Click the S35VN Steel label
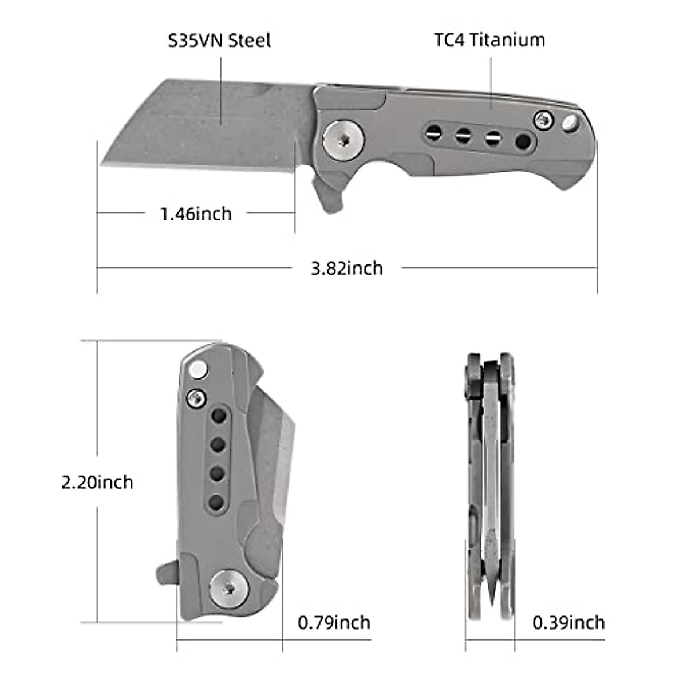point(219,41)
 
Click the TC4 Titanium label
point(488,40)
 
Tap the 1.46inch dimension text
point(196,214)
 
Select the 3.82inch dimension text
point(347,268)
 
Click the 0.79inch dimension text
point(334,622)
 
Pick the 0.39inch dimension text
point(568,622)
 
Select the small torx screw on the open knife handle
point(543,120)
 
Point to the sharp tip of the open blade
point(102,165)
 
